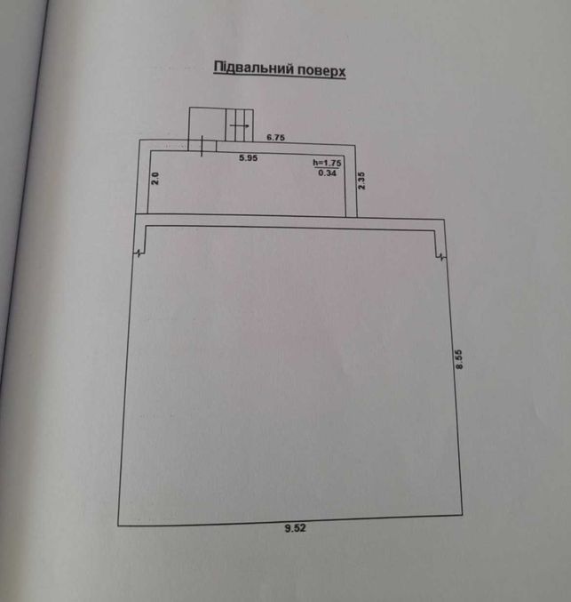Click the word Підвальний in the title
[253, 68]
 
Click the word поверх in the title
[321, 71]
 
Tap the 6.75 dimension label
[275, 138]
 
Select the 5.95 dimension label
[248, 157]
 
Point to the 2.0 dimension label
[155, 179]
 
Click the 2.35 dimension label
[361, 181]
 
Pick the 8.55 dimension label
[459, 359]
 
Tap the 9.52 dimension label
[296, 528]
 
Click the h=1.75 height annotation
[327, 163]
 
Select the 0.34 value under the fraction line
[327, 173]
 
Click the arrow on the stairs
[240, 125]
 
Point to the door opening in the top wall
[202, 146]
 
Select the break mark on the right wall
[441, 257]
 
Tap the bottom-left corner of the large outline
[118, 526]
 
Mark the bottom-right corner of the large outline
[463, 515]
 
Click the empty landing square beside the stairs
[207, 124]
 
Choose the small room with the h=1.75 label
[248, 183]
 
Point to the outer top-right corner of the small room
[355, 145]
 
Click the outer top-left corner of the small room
[139, 140]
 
